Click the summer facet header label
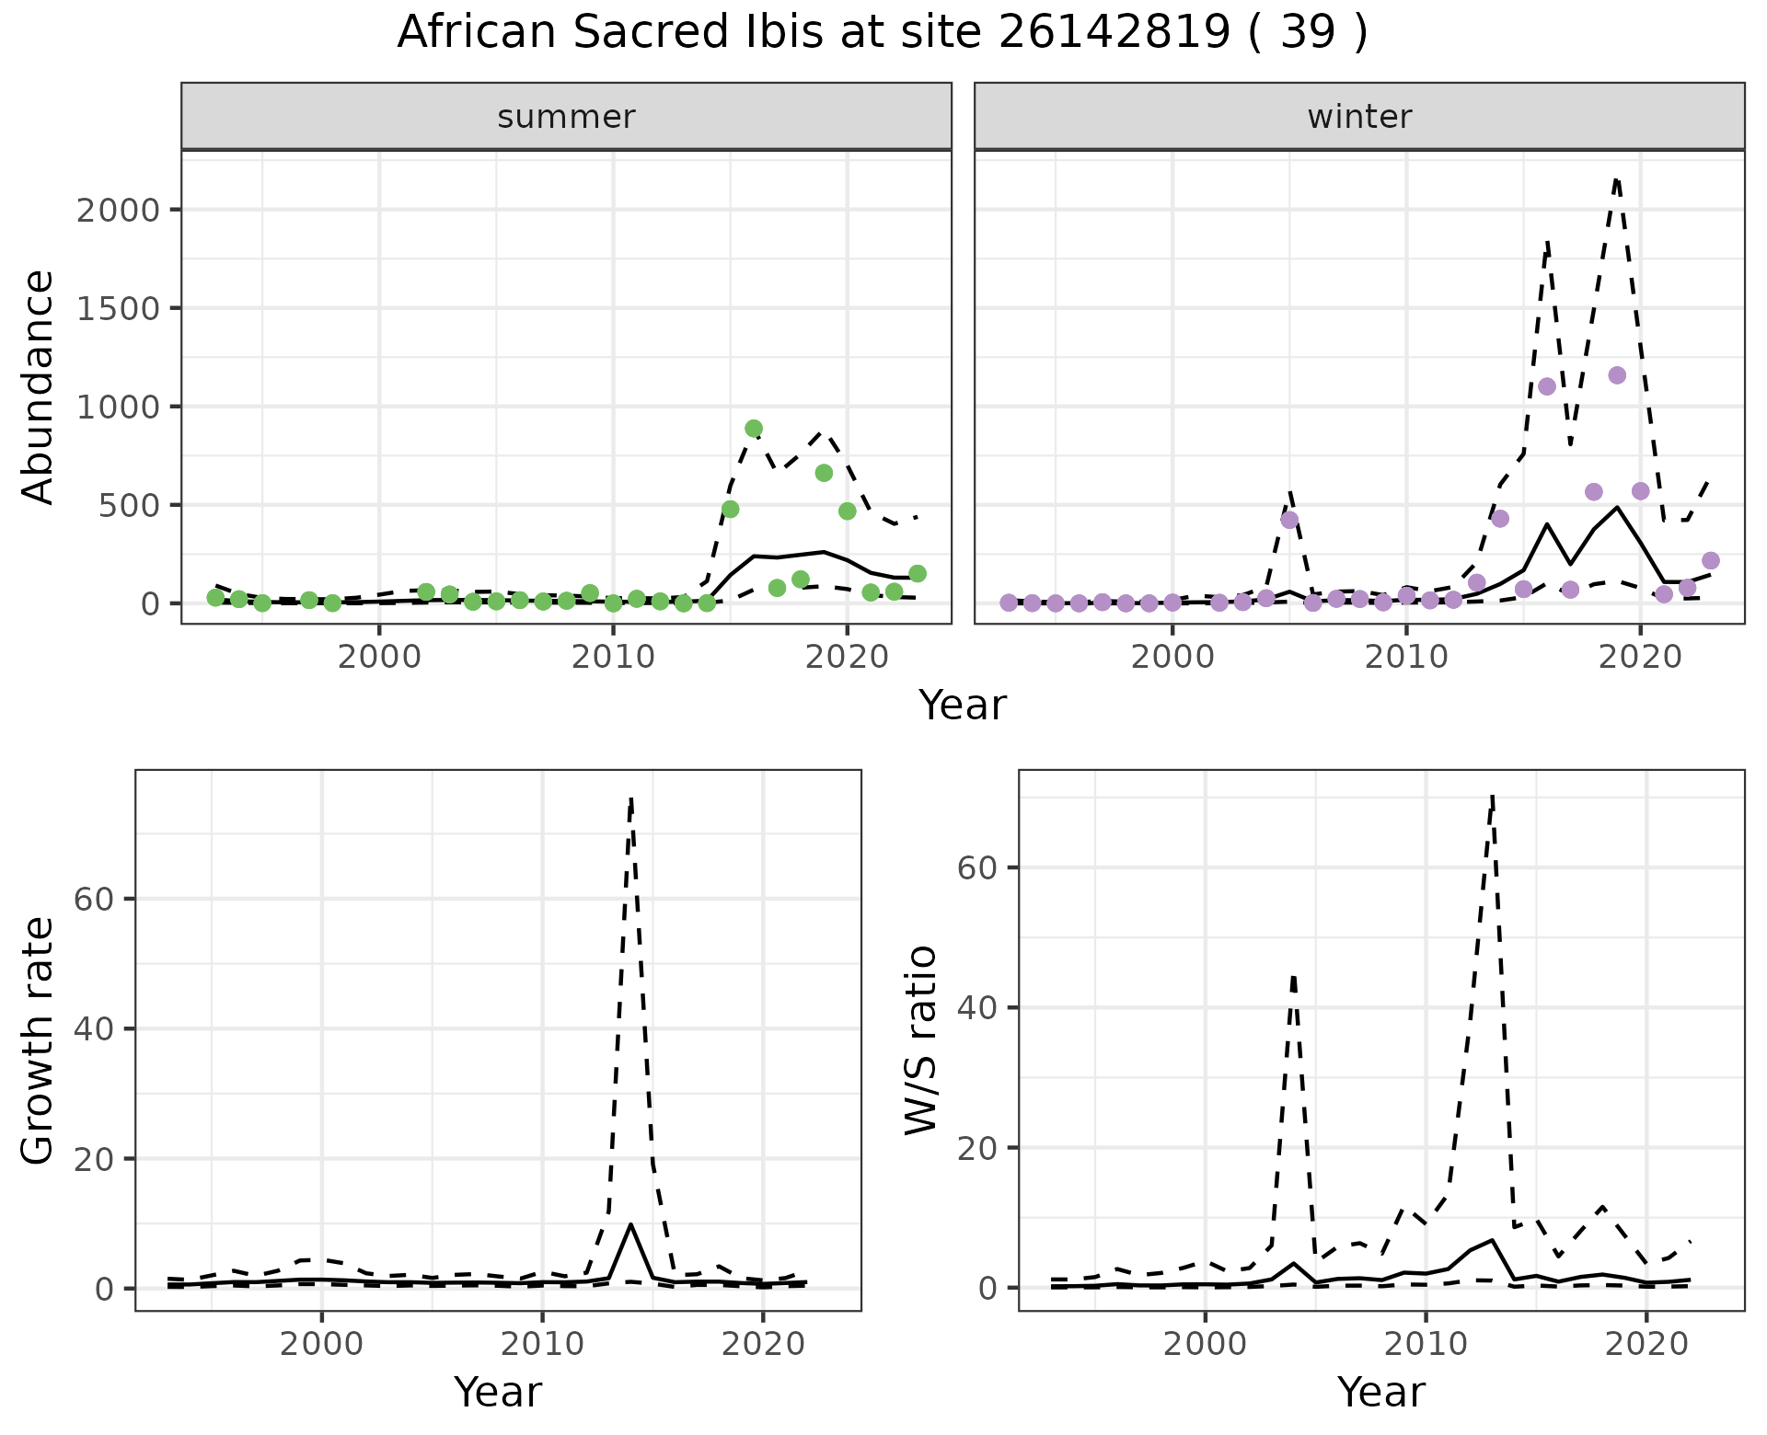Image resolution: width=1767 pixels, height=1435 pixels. (566, 117)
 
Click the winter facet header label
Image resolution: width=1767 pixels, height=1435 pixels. (1359, 117)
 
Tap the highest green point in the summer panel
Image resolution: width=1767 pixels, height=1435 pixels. (754, 429)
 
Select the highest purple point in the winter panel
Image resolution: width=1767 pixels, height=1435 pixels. (1617, 375)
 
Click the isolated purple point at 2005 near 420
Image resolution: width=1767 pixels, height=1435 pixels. (1289, 520)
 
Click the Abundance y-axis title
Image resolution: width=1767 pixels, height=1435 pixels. (39, 386)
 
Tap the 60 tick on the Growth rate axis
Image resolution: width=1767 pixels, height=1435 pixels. (96, 899)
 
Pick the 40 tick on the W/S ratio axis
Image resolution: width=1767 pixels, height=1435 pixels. (979, 1007)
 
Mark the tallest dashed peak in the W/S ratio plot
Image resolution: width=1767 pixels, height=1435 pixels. (1492, 797)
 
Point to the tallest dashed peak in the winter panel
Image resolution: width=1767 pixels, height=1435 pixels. (1617, 179)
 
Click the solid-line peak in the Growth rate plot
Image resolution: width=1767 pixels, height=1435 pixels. (630, 1224)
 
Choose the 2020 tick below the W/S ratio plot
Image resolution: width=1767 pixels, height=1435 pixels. (1646, 1343)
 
